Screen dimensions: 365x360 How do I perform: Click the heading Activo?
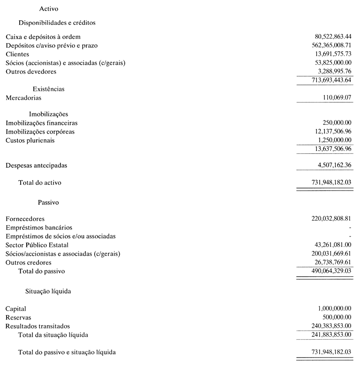tap(49, 8)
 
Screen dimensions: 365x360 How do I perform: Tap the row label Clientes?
tap(17, 54)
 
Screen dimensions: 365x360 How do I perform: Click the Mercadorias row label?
tap(23, 98)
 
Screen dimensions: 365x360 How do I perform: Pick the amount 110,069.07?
tap(337, 98)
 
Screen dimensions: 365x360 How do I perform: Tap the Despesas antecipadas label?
tap(36, 166)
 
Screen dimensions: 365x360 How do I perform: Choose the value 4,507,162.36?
tap(334, 165)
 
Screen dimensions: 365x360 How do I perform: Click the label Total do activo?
tap(40, 182)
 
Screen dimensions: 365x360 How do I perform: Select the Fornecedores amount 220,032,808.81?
tap(330, 219)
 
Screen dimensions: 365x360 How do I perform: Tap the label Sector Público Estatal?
tap(37, 245)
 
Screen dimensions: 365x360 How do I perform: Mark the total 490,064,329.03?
tap(330, 271)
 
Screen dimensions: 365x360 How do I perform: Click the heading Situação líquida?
tap(48, 291)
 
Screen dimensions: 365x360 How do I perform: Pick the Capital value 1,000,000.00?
tap(334, 309)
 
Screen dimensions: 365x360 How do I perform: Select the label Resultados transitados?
tap(37, 326)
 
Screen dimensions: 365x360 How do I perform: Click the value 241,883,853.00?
tap(330, 335)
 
